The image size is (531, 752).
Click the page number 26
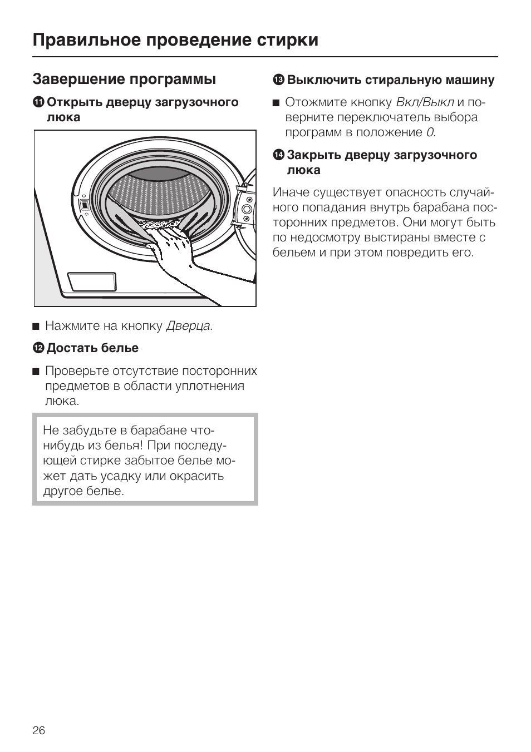click(x=39, y=730)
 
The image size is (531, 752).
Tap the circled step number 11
click(x=38, y=102)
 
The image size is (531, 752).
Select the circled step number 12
click(x=38, y=348)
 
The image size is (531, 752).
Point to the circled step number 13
click(x=278, y=80)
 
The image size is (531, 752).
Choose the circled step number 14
click(x=278, y=155)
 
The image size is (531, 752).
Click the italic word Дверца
click(x=188, y=326)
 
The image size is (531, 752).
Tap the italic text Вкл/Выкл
click(x=425, y=102)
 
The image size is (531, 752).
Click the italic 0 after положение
click(x=430, y=132)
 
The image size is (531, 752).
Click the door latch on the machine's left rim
click(x=84, y=205)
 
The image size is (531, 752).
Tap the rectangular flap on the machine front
click(x=92, y=283)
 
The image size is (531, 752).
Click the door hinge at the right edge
click(x=245, y=211)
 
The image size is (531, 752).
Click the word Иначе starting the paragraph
click(x=291, y=192)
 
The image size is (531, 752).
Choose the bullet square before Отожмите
click(x=276, y=103)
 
